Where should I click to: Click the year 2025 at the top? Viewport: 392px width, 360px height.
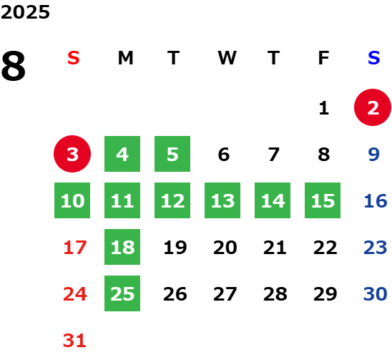25,12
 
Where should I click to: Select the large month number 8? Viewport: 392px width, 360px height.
14,66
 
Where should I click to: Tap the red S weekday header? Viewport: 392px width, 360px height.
73,58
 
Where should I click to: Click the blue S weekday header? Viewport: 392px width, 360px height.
373,58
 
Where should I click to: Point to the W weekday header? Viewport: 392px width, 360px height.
227,58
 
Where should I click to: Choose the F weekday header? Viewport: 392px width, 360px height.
323,58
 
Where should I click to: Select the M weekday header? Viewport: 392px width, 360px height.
125,58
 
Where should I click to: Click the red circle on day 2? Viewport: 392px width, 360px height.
373,107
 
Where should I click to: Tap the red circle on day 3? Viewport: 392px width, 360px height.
72,154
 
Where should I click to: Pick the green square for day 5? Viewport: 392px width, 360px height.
172,154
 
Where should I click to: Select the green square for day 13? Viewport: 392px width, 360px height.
222,200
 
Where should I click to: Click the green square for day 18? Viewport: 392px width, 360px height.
122,247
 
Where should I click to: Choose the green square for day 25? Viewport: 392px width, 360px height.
122,293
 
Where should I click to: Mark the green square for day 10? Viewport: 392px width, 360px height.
72,200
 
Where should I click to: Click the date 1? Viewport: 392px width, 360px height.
324,108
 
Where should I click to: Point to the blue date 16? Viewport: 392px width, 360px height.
376,201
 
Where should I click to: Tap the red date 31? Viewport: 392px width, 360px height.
74,341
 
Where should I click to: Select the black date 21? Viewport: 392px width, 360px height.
275,248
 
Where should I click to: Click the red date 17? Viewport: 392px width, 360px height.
75,248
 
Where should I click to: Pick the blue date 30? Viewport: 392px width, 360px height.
376,294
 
